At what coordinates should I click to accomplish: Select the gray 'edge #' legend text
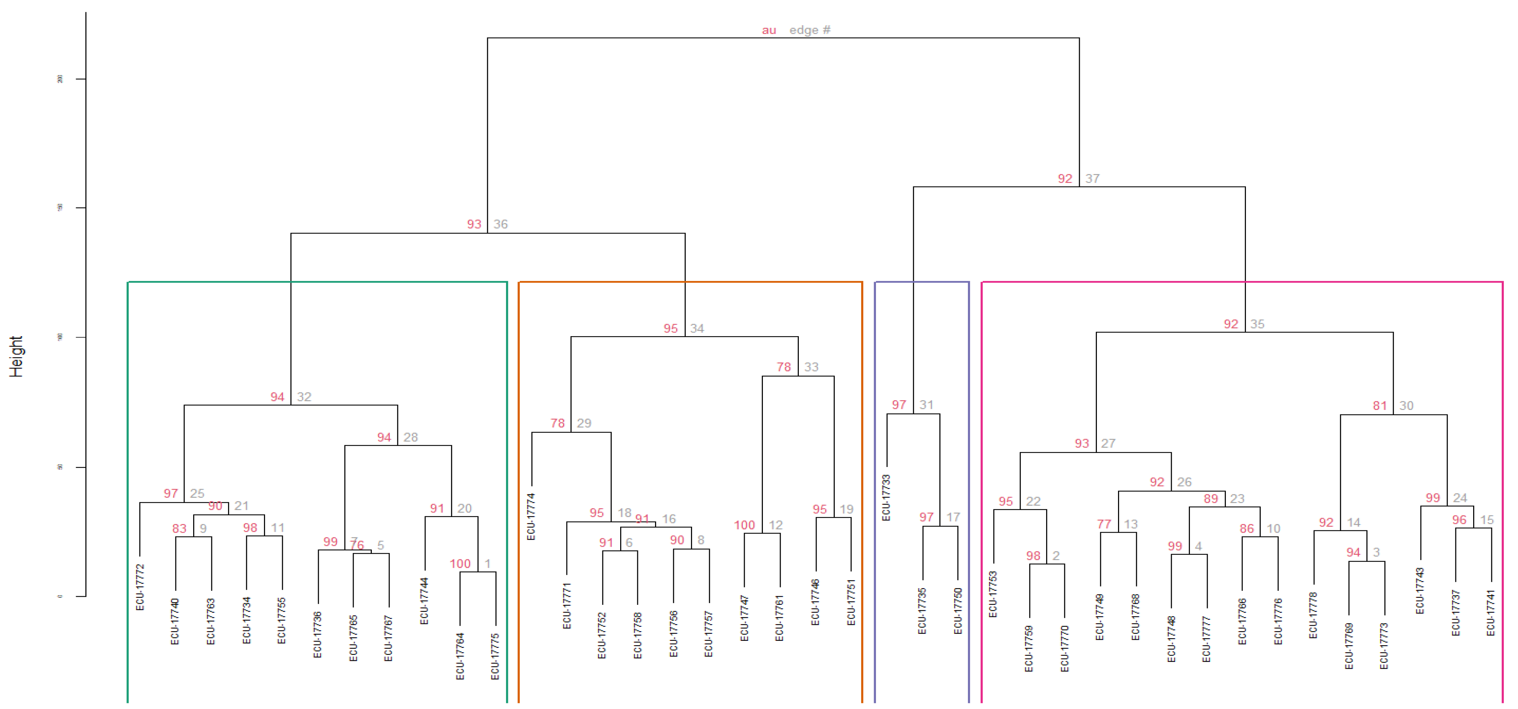coord(810,30)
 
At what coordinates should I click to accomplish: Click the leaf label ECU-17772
coord(140,587)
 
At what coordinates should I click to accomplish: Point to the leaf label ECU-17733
coord(886,497)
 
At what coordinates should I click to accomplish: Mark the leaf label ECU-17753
coord(993,594)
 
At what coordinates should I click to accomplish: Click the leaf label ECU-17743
coord(1420,590)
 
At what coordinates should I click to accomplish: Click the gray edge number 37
coord(1092,179)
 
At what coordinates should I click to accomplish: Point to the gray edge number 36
coord(500,224)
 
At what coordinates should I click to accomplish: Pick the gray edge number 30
coord(1406,405)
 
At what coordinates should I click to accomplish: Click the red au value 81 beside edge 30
coord(1379,405)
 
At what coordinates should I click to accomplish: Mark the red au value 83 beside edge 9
coord(179,529)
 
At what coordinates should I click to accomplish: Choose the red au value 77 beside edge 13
coord(1104,524)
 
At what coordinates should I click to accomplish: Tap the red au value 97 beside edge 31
coord(899,405)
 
